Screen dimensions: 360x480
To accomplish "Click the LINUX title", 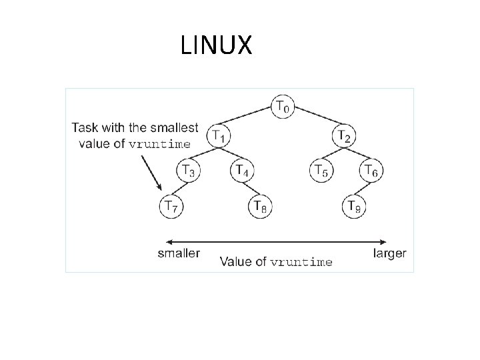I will (x=216, y=45).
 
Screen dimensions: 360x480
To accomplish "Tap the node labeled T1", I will (x=217, y=135).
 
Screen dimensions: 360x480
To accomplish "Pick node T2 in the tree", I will (x=345, y=135).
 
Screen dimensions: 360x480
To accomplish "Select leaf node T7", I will (x=171, y=207).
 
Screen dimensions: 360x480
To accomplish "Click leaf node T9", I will (x=354, y=207).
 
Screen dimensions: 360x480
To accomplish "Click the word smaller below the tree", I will (x=178, y=253).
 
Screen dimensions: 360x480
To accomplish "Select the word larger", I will (x=390, y=253).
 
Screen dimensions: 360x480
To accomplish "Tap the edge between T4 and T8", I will (x=251, y=189).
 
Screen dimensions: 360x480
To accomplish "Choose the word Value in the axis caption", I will (x=235, y=261).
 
